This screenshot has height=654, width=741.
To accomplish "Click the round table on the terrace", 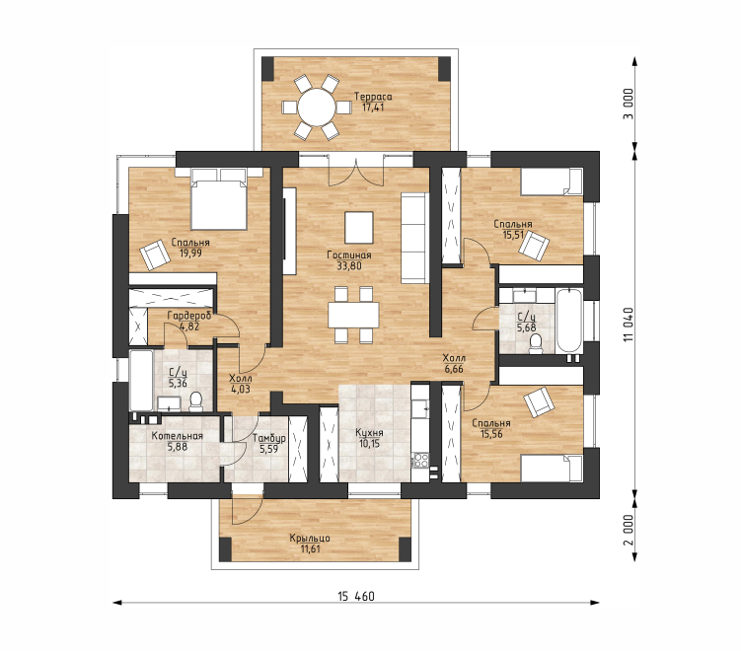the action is coord(317,108).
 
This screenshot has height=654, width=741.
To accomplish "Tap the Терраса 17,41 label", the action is coord(373,102).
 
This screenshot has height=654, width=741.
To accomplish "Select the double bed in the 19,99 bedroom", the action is coord(219,199).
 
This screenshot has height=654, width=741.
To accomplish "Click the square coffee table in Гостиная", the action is coord(359,227).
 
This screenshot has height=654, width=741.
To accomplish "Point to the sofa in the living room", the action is coord(415,238).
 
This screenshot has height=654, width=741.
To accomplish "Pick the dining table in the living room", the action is coord(353,315).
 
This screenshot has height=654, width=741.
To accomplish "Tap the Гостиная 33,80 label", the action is coord(349,260).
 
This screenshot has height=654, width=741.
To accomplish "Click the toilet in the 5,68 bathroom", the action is coord(536,344).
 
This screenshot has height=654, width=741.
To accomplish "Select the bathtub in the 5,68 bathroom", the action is coord(569,322).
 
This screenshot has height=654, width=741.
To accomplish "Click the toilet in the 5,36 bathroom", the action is coord(195,401).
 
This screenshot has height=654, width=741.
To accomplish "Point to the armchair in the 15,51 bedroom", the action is coord(534,245).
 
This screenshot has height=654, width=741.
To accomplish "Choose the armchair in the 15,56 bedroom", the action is coord(539,402).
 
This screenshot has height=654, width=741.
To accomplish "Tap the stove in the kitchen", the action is coord(420,460).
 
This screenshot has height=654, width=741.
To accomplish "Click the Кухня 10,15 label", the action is coord(370,438).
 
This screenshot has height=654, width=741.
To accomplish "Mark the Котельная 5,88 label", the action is coord(178,441).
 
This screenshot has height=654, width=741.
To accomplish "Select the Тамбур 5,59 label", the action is coord(269,443).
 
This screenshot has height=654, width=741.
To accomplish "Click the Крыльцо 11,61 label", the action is coord(310,543).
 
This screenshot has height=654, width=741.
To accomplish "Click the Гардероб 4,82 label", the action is coord(189,321).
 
